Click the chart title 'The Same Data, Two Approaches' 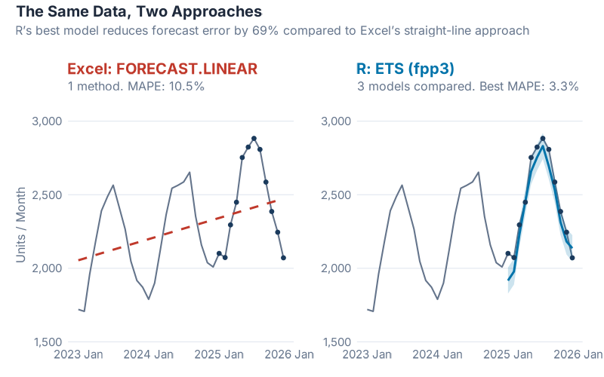pos(139,12)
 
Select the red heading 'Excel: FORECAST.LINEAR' pos(162,69)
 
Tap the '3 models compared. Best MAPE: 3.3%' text pos(467,86)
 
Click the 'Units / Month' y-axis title pos(21,226)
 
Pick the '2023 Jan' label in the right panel pos(368,354)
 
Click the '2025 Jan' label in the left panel pos(219,354)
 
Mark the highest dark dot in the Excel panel pos(254,138)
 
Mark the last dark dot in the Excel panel pos(283,258)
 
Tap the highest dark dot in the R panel pos(543,138)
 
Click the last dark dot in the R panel pos(572,258)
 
